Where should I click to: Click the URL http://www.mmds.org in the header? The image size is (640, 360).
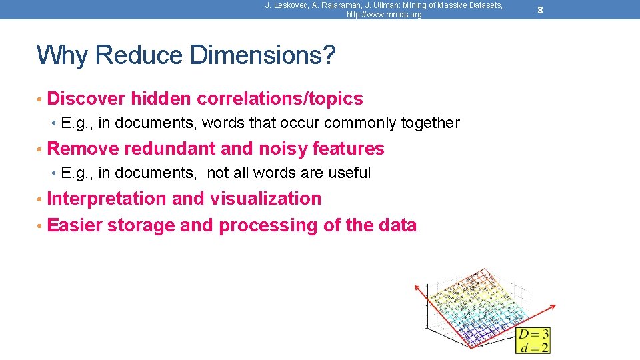384,15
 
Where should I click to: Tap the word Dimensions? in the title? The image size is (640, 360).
263,55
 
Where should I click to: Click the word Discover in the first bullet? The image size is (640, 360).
87,99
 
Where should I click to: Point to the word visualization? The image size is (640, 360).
266,199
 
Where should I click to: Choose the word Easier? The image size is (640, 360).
75,225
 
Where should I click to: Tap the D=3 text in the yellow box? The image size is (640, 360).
533,334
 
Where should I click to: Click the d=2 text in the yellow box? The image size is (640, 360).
533,347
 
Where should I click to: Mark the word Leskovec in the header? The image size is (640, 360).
293,5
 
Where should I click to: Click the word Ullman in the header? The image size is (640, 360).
380,5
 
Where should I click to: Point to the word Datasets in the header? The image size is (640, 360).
484,5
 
